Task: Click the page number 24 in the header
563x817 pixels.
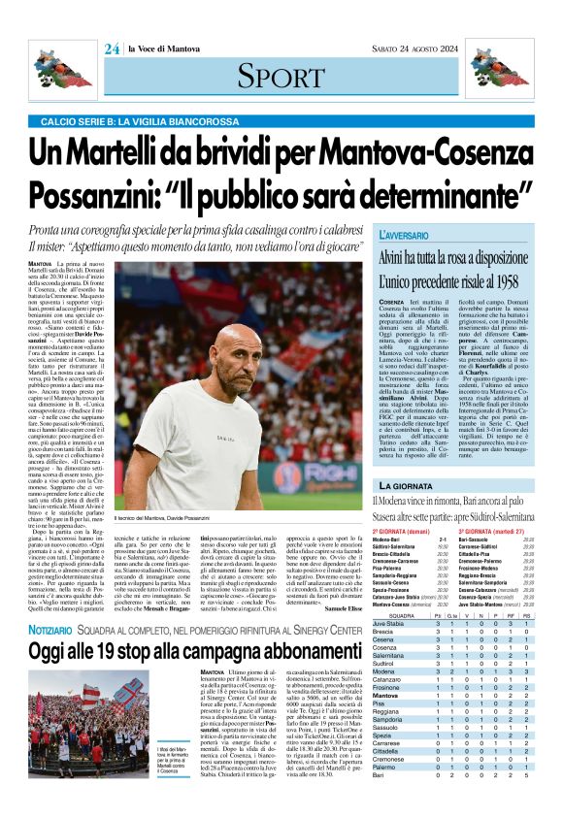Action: point(112,49)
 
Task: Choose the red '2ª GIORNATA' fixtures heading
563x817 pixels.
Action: point(401,534)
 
